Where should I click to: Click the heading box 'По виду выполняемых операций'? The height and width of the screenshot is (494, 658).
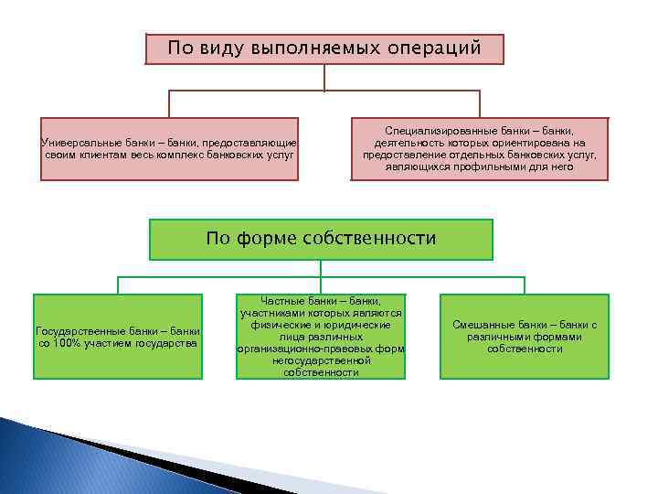pos(324,49)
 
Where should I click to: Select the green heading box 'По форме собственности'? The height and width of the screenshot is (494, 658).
pos(321,239)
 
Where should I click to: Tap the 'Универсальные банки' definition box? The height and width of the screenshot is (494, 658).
pos(172,149)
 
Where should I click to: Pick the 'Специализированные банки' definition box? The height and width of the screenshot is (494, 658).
pos(480,149)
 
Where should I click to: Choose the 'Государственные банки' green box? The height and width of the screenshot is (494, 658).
pos(117,336)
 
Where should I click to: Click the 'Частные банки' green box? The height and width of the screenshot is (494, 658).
pos(320,336)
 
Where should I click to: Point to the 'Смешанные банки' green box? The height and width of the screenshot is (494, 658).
pos(525,336)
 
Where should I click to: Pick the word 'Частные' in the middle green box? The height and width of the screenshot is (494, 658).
pos(283,300)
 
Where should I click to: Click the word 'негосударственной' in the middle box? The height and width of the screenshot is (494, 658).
pos(320,360)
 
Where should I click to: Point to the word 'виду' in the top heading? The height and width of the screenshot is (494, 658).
pos(219,48)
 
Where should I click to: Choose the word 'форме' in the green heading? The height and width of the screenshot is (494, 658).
pos(261,239)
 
